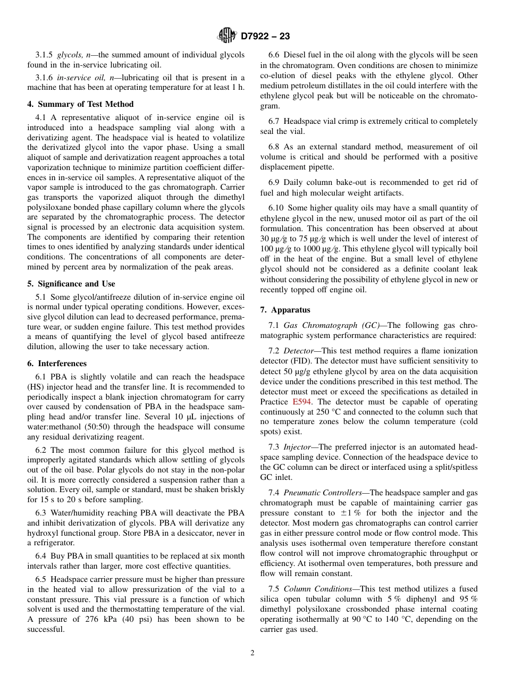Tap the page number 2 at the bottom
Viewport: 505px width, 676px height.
[252, 653]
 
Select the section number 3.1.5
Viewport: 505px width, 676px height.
[45, 55]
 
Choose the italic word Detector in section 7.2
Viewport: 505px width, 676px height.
[301, 351]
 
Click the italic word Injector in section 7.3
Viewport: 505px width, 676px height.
[299, 447]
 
